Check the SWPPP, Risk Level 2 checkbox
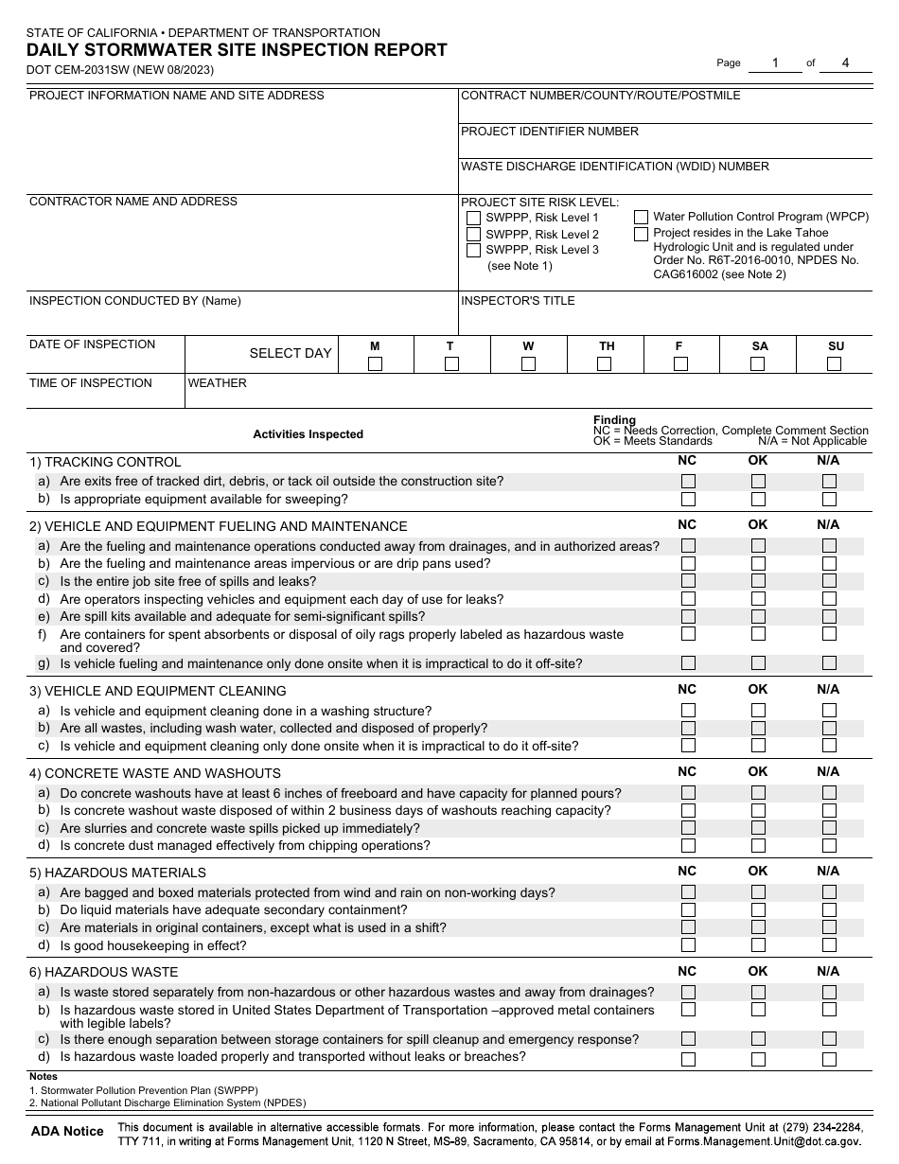(473, 234)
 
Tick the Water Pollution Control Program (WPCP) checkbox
(642, 218)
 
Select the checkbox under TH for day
(606, 363)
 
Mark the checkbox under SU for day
(836, 363)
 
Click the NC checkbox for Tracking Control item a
(688, 482)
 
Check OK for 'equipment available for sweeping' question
(758, 500)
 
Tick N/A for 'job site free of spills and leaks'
(829, 581)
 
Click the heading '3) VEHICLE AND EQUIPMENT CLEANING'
(158, 691)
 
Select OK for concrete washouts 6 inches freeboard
(758, 793)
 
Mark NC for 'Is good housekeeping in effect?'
(688, 945)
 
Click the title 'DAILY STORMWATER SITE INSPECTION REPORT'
(237, 51)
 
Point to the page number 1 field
(774, 63)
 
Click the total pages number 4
(845, 63)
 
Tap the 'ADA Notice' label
(67, 1131)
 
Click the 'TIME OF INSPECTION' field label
(91, 383)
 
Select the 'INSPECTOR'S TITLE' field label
(518, 301)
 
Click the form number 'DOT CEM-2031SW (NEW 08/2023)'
(120, 70)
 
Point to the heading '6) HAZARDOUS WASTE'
(104, 972)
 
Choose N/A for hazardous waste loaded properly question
(829, 1059)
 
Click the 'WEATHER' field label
(218, 383)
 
